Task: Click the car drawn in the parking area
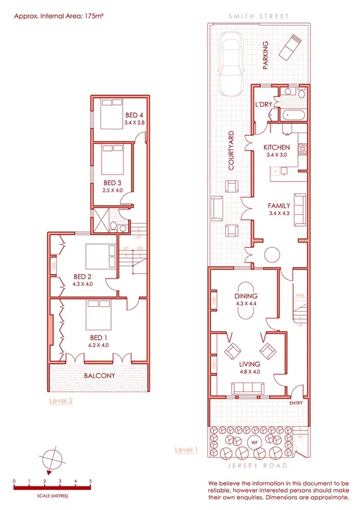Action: (230, 64)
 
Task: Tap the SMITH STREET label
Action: (258, 16)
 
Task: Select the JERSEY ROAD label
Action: (258, 466)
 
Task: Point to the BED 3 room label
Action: (112, 183)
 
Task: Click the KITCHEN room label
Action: (277, 147)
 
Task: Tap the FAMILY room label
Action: (279, 206)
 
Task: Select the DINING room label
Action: (246, 296)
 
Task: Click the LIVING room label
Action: (249, 364)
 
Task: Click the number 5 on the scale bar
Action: (90, 481)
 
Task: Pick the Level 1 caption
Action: (186, 449)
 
